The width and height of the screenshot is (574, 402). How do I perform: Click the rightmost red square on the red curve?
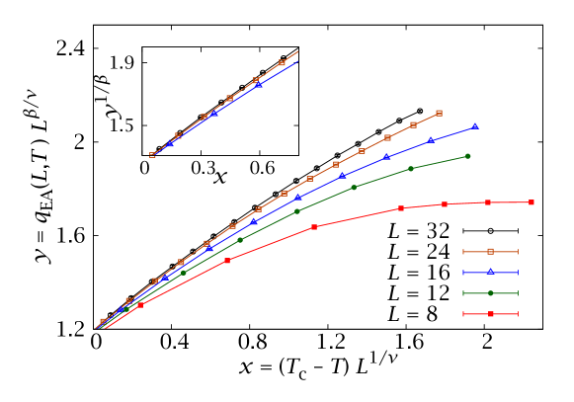pyautogui.click(x=532, y=202)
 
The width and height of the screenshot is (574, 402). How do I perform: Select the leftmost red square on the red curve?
pyautogui.click(x=140, y=305)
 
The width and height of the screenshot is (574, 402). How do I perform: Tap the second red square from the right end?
pyautogui.click(x=488, y=202)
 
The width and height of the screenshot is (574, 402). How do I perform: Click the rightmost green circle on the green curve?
pyautogui.click(x=467, y=156)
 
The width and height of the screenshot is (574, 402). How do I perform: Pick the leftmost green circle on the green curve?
pyautogui.click(x=183, y=273)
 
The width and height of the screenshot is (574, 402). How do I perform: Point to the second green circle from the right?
pyautogui.click(x=411, y=169)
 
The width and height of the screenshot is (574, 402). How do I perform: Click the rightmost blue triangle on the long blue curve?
pyautogui.click(x=475, y=126)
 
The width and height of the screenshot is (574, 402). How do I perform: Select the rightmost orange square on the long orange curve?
pyautogui.click(x=439, y=114)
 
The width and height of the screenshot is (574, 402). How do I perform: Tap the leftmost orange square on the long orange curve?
pyautogui.click(x=103, y=321)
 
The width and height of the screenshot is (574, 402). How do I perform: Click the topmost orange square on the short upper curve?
pyautogui.click(x=282, y=63)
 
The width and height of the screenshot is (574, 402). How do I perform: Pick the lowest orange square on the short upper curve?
pyautogui.click(x=152, y=155)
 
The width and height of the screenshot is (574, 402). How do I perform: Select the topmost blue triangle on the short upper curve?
pyautogui.click(x=259, y=85)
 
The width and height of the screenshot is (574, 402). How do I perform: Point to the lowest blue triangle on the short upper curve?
pyautogui.click(x=170, y=144)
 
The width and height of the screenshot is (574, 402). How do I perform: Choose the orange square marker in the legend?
pyautogui.click(x=490, y=252)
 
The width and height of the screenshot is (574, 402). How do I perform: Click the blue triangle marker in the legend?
pyautogui.click(x=490, y=273)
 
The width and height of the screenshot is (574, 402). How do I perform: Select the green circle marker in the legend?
pyautogui.click(x=490, y=293)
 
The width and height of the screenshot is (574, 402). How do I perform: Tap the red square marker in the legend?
pyautogui.click(x=490, y=314)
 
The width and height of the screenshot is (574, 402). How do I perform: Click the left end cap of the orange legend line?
pyautogui.click(x=463, y=252)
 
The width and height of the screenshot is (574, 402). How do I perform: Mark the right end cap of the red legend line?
pyautogui.click(x=518, y=314)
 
